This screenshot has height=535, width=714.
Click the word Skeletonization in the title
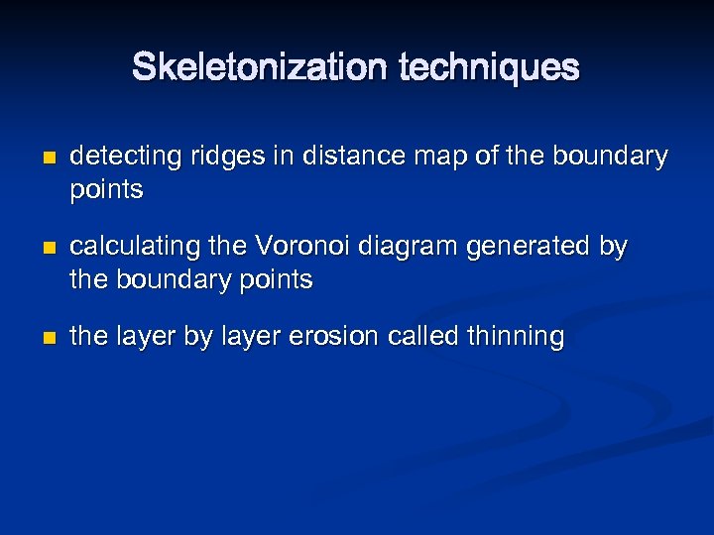pyautogui.click(x=261, y=67)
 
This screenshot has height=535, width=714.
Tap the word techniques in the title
pyautogui.click(x=489, y=67)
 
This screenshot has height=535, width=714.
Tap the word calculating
pyautogui.click(x=131, y=247)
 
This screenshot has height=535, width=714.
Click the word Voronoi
pyautogui.click(x=292, y=247)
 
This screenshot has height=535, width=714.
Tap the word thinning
pyautogui.click(x=515, y=337)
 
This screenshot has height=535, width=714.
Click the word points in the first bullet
pyautogui.click(x=106, y=190)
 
